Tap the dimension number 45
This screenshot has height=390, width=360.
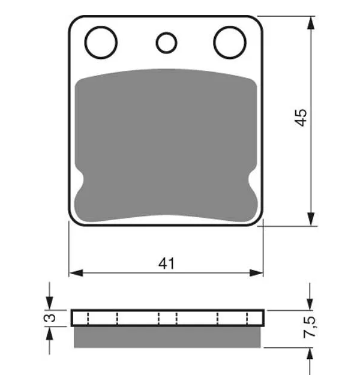(x=301, y=118)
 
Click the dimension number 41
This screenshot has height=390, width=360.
(x=166, y=263)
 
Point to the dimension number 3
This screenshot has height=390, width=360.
(x=52, y=317)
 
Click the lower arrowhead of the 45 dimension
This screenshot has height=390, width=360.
(x=311, y=219)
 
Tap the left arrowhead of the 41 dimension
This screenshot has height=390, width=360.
(x=76, y=273)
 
